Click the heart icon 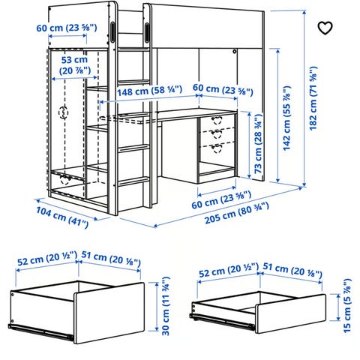[325, 28]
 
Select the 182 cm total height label [313, 98]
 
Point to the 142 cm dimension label [286, 118]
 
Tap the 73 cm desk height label [258, 144]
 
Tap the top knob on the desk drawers [217, 120]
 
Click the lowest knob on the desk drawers [217, 148]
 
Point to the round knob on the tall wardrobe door [63, 112]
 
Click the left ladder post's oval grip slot [112, 31]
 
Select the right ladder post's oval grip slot [147, 31]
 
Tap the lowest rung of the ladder [133, 181]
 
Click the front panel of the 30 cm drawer [109, 313]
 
